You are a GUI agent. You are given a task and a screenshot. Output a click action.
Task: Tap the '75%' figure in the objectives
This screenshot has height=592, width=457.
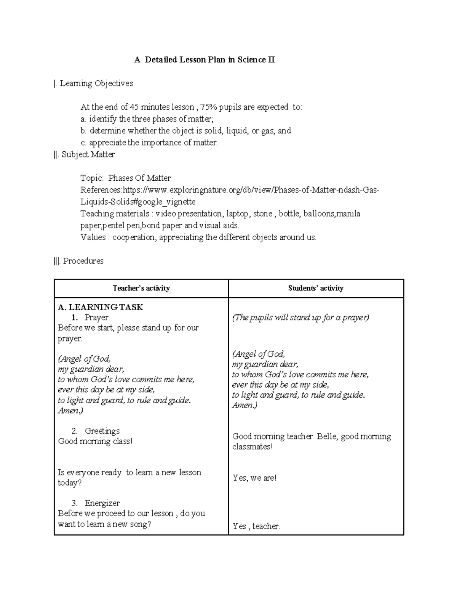click(x=211, y=107)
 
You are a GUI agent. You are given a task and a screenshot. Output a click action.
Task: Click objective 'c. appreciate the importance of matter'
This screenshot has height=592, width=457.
click(x=149, y=143)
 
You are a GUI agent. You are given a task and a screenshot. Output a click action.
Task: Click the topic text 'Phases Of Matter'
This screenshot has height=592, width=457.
click(x=139, y=178)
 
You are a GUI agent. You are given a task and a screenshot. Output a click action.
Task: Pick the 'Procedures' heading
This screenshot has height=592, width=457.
click(x=83, y=261)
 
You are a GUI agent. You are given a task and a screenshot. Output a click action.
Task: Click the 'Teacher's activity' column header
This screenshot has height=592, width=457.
click(x=141, y=288)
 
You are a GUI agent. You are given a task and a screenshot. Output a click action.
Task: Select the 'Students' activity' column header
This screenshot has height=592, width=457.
click(x=316, y=288)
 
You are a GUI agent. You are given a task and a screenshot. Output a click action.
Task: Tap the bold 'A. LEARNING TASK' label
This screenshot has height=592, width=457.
click(x=100, y=307)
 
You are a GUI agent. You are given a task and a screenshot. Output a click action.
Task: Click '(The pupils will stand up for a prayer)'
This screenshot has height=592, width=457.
click(x=300, y=318)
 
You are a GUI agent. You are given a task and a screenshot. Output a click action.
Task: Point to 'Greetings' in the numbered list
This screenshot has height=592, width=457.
click(x=102, y=431)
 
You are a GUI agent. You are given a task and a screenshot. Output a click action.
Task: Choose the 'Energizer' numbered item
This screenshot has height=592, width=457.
click(x=102, y=503)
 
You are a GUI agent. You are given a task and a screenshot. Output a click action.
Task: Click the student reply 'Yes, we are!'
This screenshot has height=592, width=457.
click(x=254, y=478)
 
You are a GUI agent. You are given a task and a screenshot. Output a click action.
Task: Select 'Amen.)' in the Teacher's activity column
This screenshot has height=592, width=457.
click(x=70, y=411)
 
